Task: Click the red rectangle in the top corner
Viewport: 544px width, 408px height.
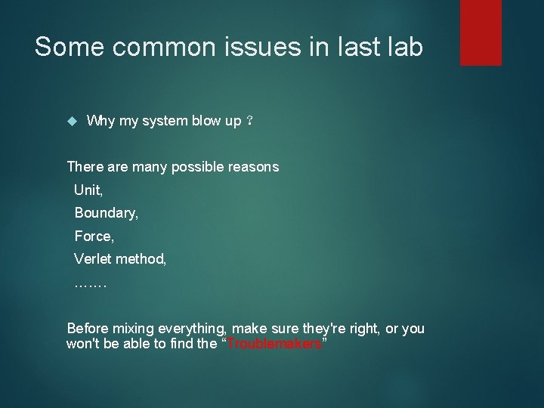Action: click(x=481, y=32)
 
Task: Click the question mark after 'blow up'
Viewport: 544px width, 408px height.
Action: click(x=250, y=122)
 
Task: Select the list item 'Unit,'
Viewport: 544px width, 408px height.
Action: click(x=89, y=190)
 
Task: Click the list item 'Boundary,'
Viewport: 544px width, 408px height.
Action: click(x=107, y=214)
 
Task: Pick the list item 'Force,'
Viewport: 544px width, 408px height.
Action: click(x=94, y=236)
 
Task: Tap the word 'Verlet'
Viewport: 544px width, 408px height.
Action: click(x=93, y=259)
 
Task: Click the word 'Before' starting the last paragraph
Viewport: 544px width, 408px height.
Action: click(x=88, y=329)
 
